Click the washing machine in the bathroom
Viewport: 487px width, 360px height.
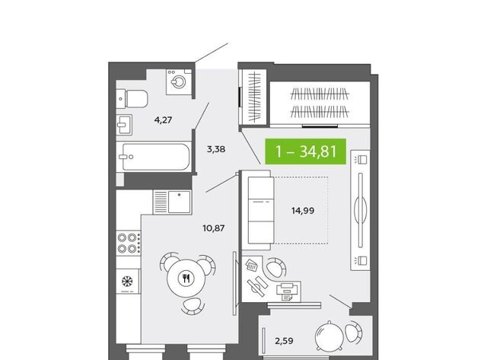tap(179, 81)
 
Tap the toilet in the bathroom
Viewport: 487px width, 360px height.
tap(132, 99)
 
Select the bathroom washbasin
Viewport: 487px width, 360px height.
tap(124, 125)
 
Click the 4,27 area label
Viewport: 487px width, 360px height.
tap(163, 120)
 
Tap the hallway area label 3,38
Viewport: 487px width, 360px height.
tap(216, 149)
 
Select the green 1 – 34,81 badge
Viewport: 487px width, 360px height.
tap(306, 151)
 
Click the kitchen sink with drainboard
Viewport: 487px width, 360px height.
tap(173, 202)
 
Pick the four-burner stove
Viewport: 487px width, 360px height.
tap(129, 243)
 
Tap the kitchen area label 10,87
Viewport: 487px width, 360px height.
tap(214, 228)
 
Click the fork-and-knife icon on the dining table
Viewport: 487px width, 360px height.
tap(186, 278)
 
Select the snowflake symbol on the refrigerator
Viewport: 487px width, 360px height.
tap(127, 281)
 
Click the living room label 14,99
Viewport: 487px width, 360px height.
tap(303, 211)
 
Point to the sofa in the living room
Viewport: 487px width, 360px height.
tap(256, 210)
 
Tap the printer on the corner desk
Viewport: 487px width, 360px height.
tap(288, 292)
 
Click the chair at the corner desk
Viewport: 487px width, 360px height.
tap(275, 267)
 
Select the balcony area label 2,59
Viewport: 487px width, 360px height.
tap(284, 341)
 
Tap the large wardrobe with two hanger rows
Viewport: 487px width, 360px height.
tap(320, 104)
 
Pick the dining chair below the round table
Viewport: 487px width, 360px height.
tap(193, 306)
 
